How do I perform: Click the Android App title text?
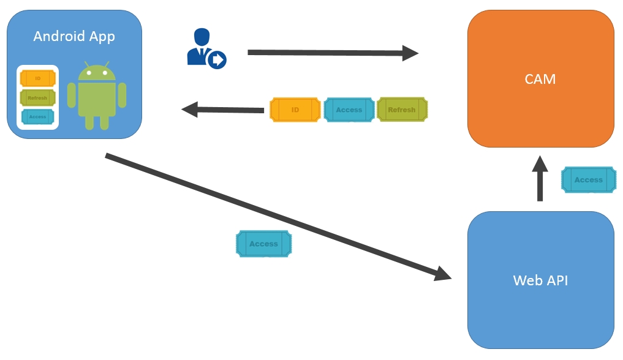(x=74, y=36)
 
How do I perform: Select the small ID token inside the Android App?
(x=38, y=78)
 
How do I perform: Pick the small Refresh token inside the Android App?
(x=38, y=98)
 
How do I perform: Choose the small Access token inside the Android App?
(x=38, y=116)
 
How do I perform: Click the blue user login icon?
(x=205, y=48)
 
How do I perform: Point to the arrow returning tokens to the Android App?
(x=223, y=110)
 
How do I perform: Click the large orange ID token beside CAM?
(x=295, y=110)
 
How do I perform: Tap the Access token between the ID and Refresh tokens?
(x=349, y=110)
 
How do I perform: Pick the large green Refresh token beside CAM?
(x=402, y=110)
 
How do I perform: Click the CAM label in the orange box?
(x=540, y=79)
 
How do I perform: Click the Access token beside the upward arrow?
(x=589, y=180)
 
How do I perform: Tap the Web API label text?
(x=540, y=280)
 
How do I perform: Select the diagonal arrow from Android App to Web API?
(x=276, y=214)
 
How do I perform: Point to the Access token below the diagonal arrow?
(x=263, y=244)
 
